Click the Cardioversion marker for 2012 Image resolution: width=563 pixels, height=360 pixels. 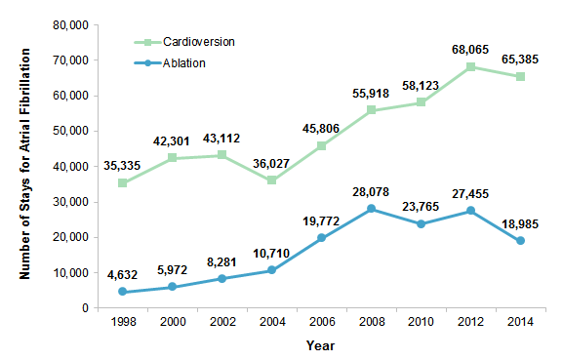point(470,67)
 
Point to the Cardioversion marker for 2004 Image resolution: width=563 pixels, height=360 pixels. point(271,180)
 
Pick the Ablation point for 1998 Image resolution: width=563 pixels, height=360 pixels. point(122,292)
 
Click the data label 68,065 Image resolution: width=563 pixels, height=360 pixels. point(470,49)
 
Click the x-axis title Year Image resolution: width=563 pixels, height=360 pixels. point(321,344)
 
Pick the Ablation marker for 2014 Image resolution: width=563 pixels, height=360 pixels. point(521,241)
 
